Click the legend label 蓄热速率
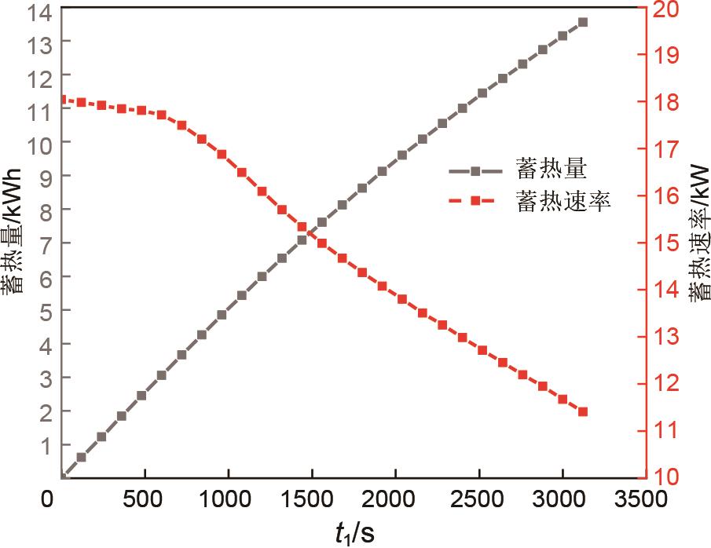click(x=563, y=200)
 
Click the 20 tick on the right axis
click(x=658, y=10)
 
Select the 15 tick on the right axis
click(x=658, y=243)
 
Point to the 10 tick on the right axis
click(x=658, y=476)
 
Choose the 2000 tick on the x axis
click(x=394, y=499)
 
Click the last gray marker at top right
click(x=582, y=23)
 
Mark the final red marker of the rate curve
click(x=582, y=411)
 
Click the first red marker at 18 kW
click(x=64, y=100)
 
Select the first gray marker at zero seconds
click(x=64, y=475)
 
